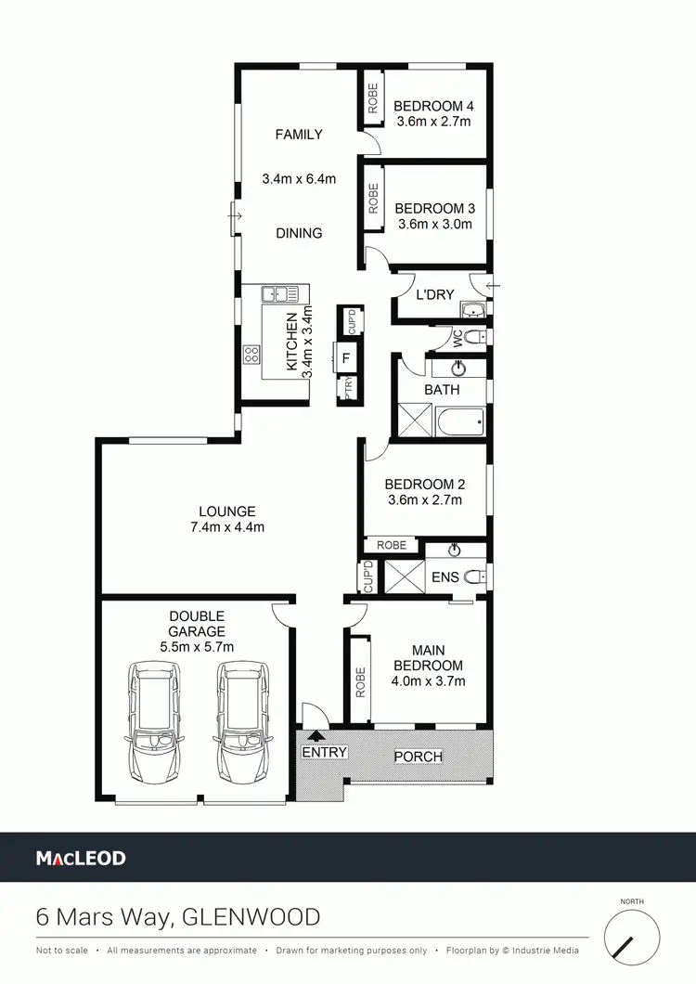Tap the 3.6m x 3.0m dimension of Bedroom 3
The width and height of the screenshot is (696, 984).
click(x=434, y=224)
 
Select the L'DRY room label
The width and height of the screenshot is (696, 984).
click(x=434, y=295)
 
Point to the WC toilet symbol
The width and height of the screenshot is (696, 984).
click(x=473, y=336)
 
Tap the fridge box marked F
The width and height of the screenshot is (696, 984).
click(x=346, y=357)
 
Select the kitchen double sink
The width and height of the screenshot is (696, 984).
click(x=280, y=294)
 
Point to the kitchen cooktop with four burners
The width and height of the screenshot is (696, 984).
click(x=251, y=354)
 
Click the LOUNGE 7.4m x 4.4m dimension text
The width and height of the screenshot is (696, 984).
click(x=227, y=528)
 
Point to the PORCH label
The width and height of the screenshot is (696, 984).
click(x=418, y=756)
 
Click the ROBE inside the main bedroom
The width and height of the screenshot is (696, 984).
click(x=360, y=680)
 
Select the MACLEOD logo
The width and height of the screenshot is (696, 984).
click(x=81, y=858)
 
